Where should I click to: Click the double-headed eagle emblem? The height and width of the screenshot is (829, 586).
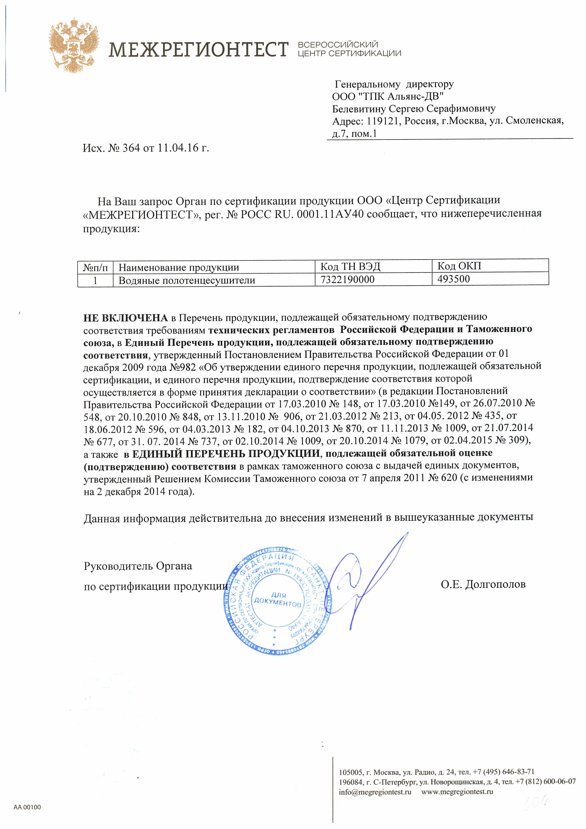click(74, 45)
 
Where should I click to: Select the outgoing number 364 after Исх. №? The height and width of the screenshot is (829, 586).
click(131, 148)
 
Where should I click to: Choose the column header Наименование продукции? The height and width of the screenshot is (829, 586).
click(179, 268)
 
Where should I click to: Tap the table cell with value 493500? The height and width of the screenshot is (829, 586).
click(454, 279)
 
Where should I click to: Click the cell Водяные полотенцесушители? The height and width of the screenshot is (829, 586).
click(187, 280)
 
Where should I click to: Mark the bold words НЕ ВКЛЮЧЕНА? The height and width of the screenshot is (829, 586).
click(125, 318)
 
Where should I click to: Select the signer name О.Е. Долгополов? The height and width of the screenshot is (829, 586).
click(483, 584)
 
